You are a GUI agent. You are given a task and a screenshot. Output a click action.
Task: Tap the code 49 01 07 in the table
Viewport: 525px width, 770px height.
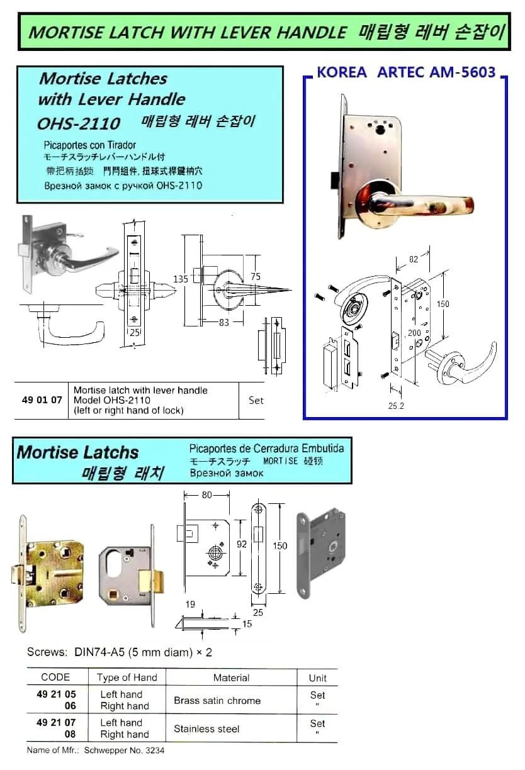coord(42,399)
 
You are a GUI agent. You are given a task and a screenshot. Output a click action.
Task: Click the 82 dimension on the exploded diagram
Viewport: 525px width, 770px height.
coord(413,259)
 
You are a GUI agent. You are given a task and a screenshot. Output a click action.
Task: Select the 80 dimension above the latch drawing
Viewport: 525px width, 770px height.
coord(207,494)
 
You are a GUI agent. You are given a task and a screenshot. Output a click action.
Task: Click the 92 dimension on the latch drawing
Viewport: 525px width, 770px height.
coord(242,544)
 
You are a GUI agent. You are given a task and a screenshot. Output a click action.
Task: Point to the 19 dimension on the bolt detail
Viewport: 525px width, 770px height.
coord(190,605)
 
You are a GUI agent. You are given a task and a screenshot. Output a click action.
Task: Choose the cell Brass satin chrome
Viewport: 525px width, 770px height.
coord(217,700)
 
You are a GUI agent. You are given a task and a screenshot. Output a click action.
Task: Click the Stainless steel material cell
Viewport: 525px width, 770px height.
coord(206,728)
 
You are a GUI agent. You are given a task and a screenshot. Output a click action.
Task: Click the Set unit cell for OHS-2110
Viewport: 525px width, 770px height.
coord(256,400)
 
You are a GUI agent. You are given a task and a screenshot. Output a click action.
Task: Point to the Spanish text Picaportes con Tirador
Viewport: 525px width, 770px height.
coord(90,145)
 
